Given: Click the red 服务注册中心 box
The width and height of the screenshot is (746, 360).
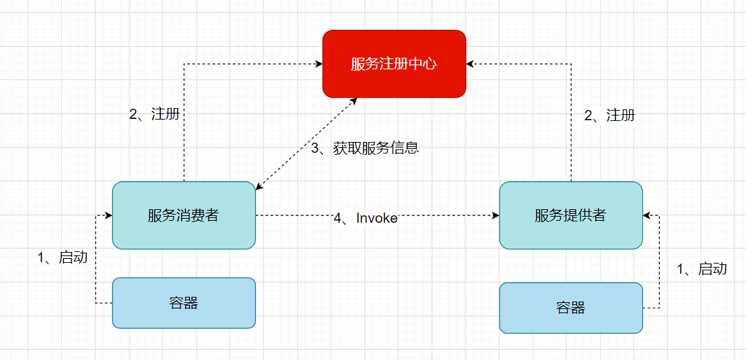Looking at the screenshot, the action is click(x=394, y=64).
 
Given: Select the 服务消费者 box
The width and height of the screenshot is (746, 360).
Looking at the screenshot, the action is click(x=184, y=215).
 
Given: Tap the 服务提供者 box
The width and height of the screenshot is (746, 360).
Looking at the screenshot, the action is click(x=571, y=215).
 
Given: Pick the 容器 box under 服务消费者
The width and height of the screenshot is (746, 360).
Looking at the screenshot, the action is click(x=184, y=303).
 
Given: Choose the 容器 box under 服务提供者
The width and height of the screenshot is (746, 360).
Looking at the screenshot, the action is click(x=571, y=308).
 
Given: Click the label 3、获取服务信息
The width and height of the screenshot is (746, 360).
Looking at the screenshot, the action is click(x=365, y=148).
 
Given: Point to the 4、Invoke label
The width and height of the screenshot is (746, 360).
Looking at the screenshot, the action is click(x=365, y=218).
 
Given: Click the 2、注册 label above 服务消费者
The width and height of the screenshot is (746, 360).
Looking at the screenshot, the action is click(x=154, y=114).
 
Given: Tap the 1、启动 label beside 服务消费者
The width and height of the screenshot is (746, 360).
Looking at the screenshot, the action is click(x=62, y=257).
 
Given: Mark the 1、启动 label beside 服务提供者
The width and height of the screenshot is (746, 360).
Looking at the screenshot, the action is click(x=702, y=268).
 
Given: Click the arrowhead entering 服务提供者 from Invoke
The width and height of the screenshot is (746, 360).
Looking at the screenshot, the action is click(x=496, y=216).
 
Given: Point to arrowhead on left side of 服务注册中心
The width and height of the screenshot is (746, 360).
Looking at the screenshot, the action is click(x=319, y=64).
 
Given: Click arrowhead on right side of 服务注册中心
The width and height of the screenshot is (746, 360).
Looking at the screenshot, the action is click(x=470, y=64).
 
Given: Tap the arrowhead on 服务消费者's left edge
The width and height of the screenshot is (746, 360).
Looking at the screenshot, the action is click(x=109, y=216).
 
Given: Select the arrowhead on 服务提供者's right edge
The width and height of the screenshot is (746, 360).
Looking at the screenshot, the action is click(x=646, y=216).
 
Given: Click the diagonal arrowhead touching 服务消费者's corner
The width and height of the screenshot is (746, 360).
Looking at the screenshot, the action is click(x=259, y=187).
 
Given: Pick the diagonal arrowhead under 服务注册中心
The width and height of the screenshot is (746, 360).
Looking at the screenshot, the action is click(x=354, y=101).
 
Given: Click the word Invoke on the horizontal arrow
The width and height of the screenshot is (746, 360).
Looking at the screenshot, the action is click(x=377, y=218).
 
